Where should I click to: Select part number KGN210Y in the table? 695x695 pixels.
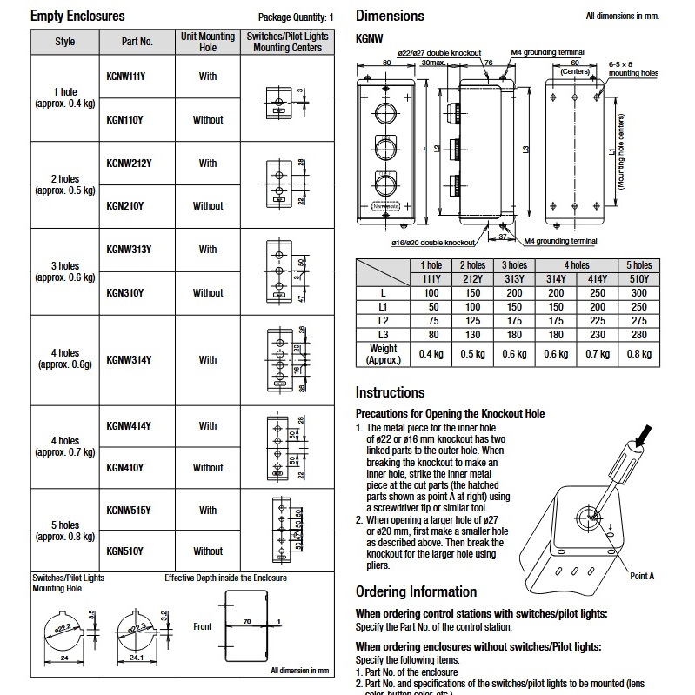click(125, 206)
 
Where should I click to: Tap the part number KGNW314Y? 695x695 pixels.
click(129, 359)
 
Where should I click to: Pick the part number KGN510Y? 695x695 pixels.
click(125, 551)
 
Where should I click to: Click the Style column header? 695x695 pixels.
click(65, 42)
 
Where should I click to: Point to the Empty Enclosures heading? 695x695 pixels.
click(77, 17)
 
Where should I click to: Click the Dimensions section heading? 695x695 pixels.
click(390, 16)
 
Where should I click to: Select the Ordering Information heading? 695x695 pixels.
click(416, 591)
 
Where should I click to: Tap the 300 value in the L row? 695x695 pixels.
click(638, 293)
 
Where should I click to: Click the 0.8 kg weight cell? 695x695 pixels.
click(638, 353)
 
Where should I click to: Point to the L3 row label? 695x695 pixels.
click(383, 334)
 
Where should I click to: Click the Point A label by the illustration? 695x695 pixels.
click(641, 576)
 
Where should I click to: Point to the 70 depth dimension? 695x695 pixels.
click(246, 622)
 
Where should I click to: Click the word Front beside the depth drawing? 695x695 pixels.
click(202, 626)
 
